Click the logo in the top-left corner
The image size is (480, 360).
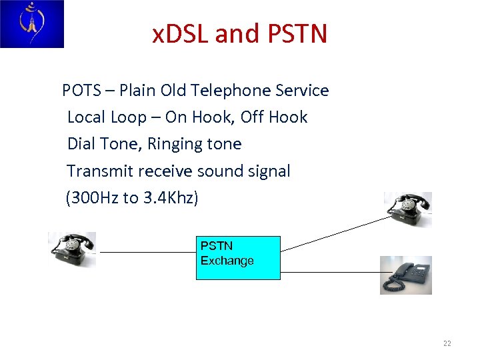[x=31, y=24]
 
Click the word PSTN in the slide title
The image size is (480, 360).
[x=298, y=33]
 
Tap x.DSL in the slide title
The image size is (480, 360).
[x=181, y=33]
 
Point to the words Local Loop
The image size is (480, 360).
[x=107, y=117]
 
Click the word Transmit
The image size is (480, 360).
[x=99, y=171]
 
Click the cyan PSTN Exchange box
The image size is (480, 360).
[x=238, y=257]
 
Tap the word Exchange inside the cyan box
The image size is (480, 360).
[x=227, y=261]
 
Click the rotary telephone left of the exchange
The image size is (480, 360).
[x=72, y=249]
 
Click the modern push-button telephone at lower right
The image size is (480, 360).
[x=406, y=275]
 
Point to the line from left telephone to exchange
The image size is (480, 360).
[x=147, y=253]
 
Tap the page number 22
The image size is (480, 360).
[x=447, y=344]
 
